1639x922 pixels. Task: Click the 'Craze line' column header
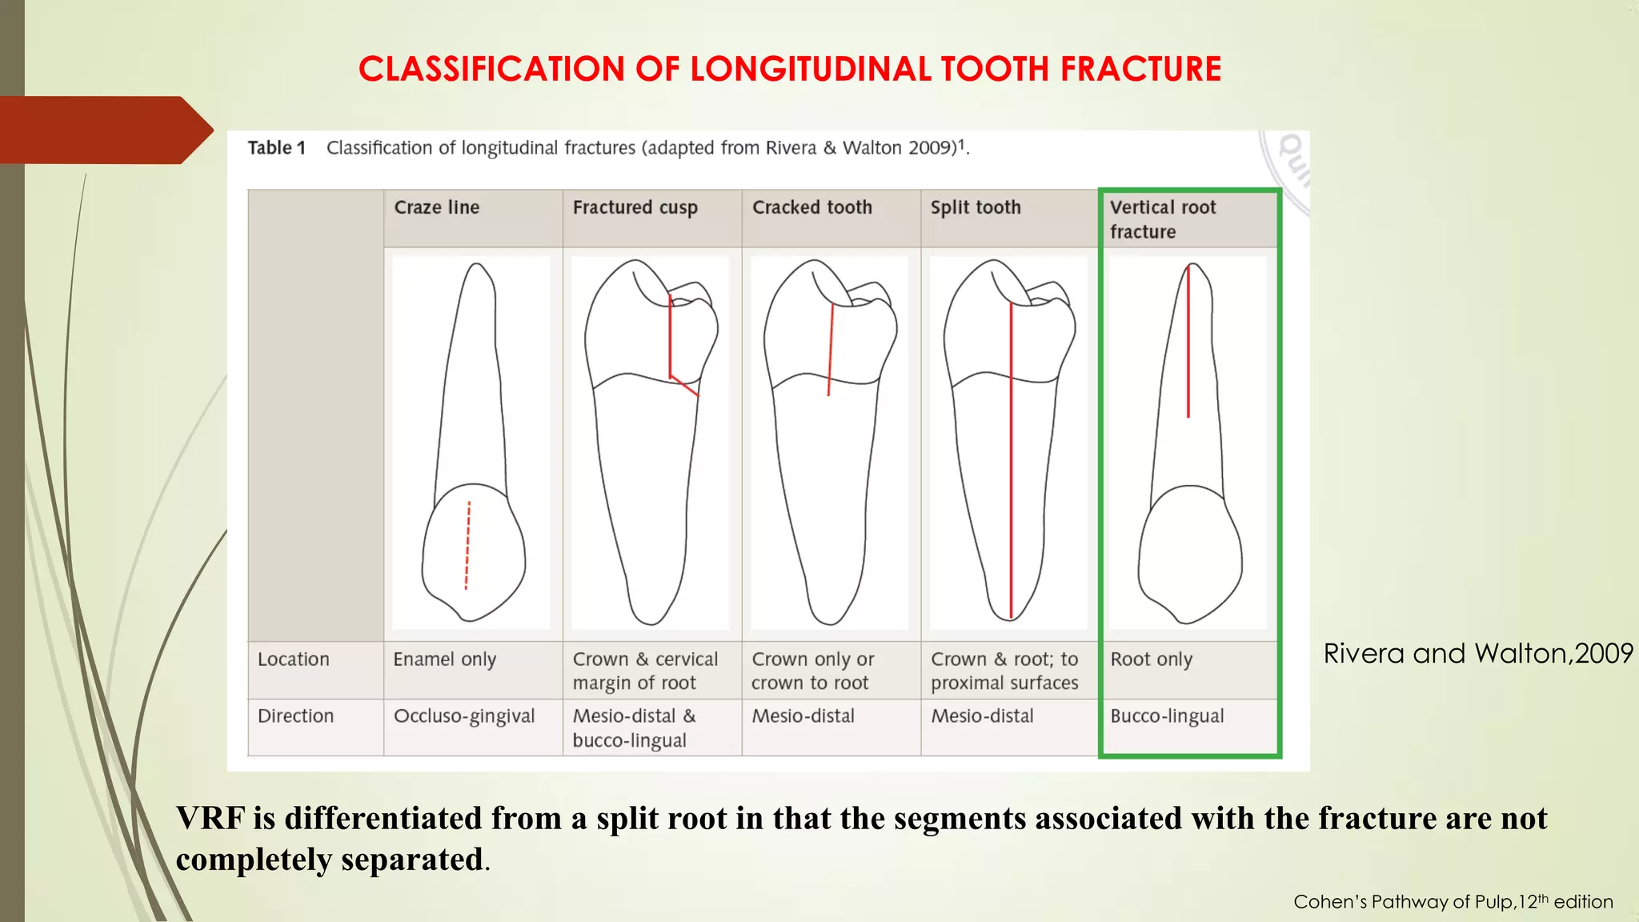[437, 207]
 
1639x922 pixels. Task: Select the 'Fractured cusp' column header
[635, 207]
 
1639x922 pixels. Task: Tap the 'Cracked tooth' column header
[811, 207]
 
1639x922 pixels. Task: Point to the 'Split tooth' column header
[976, 207]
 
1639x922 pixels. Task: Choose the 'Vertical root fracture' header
[1162, 219]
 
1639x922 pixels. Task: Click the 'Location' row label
[294, 659]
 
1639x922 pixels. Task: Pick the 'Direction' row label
[295, 716]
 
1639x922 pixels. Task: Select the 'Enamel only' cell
[445, 659]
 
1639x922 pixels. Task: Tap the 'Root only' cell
[1151, 659]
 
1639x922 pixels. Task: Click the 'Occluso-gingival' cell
[464, 716]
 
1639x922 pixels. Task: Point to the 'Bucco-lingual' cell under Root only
[1167, 716]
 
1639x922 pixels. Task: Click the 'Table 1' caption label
[277, 148]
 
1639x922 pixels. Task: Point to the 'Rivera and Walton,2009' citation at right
[1478, 654]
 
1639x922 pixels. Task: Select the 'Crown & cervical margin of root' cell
[645, 671]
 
